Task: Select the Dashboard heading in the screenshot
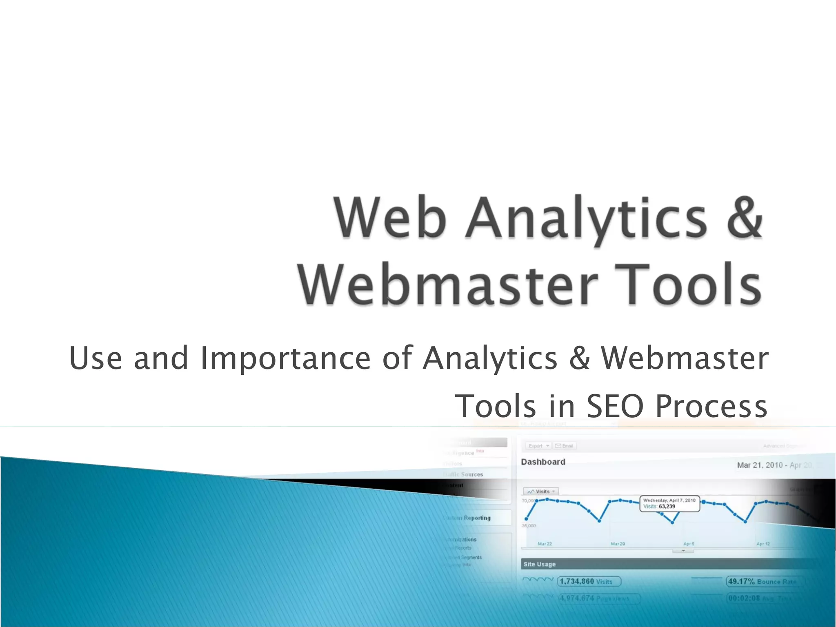[x=543, y=462]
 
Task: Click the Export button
[x=538, y=446]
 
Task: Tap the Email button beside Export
[x=564, y=446]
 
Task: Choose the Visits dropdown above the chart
[x=541, y=491]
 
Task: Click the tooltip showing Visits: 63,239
[x=669, y=503]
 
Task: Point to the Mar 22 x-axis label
[x=545, y=544]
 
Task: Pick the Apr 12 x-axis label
[x=763, y=544]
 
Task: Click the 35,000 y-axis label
[x=529, y=526]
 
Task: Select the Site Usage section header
[x=539, y=564]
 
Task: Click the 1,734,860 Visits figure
[x=588, y=581]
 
